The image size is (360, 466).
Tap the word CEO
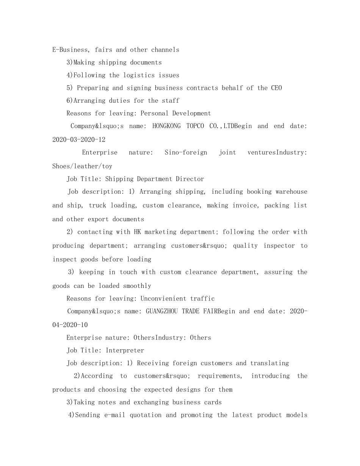pos(276,88)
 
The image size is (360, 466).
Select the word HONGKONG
pos(166,126)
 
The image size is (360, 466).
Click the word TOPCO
pos(195,126)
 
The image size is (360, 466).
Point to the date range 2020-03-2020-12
pos(79,139)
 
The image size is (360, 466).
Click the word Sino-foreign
pos(186,152)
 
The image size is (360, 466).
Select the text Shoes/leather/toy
pos(82,166)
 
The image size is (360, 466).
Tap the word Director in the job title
pos(190,179)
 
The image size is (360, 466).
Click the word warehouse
pos(291,192)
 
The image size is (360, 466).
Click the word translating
pos(269,363)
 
